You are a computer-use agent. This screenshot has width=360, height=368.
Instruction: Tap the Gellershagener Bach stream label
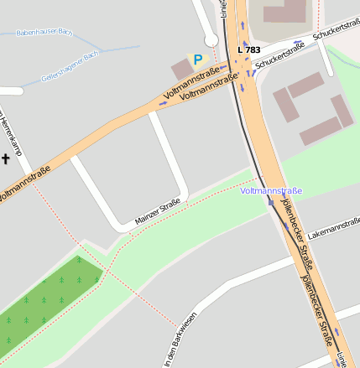click(x=70, y=68)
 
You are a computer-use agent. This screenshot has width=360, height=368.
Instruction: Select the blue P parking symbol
click(x=198, y=60)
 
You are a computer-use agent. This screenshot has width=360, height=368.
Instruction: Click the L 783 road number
click(x=249, y=50)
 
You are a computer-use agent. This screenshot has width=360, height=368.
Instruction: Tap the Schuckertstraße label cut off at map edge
click(x=336, y=31)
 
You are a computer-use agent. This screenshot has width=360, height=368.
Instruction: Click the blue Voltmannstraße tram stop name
click(x=270, y=191)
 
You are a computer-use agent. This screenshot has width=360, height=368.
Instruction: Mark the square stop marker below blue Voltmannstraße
click(x=270, y=201)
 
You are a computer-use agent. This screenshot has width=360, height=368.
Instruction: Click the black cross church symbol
click(x=6, y=158)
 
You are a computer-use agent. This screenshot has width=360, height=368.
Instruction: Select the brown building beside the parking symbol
click(x=180, y=70)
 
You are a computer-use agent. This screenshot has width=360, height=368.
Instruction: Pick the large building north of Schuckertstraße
click(x=285, y=11)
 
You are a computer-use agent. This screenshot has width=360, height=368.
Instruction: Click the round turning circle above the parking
click(x=211, y=39)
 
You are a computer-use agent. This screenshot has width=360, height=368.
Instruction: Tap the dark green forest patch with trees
click(x=46, y=302)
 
